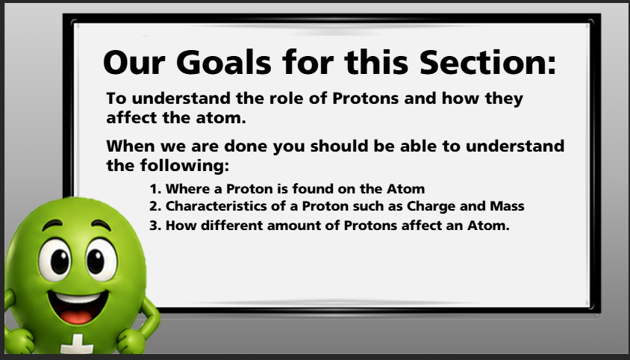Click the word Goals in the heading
coord(223,62)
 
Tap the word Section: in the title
coord(487,62)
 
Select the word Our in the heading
coord(134,62)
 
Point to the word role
coord(286,98)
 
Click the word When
coord(131,146)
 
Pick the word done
coord(245,146)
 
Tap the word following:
coord(184,166)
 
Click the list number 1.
coord(155,189)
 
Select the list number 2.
coord(155,206)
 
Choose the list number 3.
coord(155,226)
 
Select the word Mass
coord(507,206)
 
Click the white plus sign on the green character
coord(77,345)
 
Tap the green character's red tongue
coord(76,316)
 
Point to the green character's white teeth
coord(78,298)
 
